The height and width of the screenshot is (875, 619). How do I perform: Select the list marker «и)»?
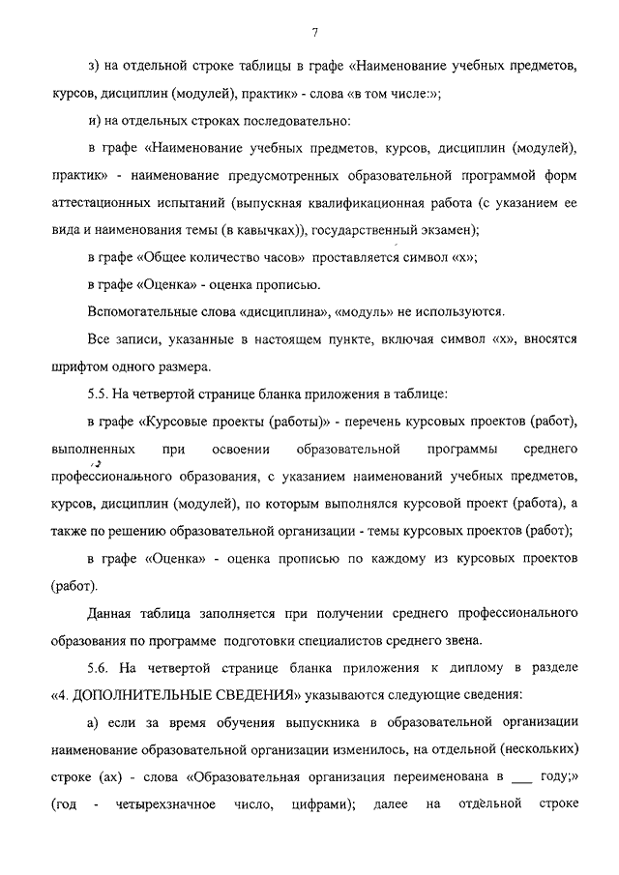pos(93,122)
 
